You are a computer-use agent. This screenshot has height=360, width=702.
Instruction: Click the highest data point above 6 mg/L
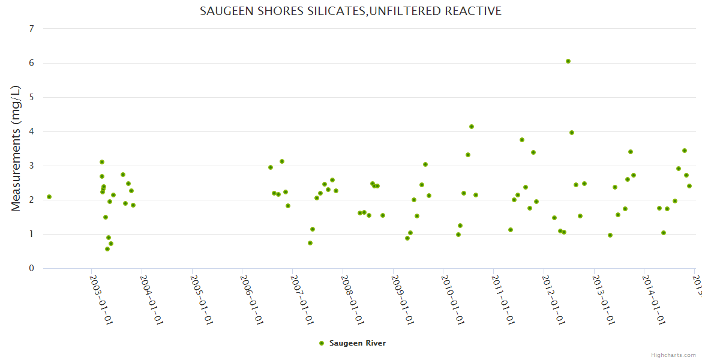pos(568,61)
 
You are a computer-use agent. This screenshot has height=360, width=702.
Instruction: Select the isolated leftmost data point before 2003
pos(49,197)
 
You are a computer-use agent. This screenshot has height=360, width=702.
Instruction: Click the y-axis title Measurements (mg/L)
pos(16,148)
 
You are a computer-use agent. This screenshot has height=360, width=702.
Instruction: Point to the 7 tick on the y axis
pos(31,29)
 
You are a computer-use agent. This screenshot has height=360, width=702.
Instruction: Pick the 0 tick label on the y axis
pos(31,268)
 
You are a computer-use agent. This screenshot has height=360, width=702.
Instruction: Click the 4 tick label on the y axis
pos(31,131)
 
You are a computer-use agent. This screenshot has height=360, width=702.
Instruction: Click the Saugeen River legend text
pos(358,343)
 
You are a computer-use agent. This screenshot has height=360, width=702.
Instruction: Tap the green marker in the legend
pos(322,343)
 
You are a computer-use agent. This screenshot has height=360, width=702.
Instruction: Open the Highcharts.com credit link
pos(674,355)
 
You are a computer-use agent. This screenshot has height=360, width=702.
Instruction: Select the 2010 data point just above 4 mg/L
pos(472,127)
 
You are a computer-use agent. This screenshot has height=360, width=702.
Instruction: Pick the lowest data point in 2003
pos(107,249)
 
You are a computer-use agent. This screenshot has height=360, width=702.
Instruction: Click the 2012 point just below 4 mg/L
pos(572,133)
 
